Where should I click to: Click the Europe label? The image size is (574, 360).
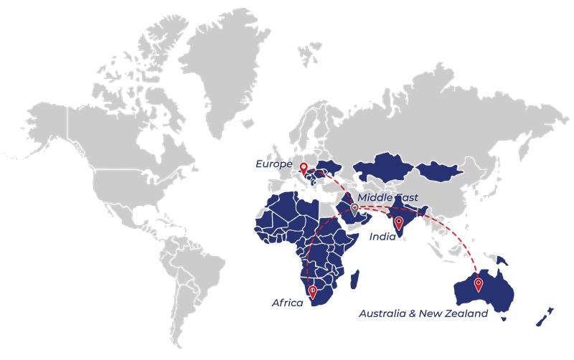[273, 164]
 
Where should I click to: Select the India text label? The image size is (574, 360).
[382, 236]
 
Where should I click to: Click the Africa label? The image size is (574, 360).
[287, 303]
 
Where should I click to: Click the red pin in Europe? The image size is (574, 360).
[304, 169]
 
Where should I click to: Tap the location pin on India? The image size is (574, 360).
[399, 222]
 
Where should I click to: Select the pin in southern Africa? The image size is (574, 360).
[312, 291]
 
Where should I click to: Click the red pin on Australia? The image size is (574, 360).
[478, 285]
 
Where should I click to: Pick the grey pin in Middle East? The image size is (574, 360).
[354, 209]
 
